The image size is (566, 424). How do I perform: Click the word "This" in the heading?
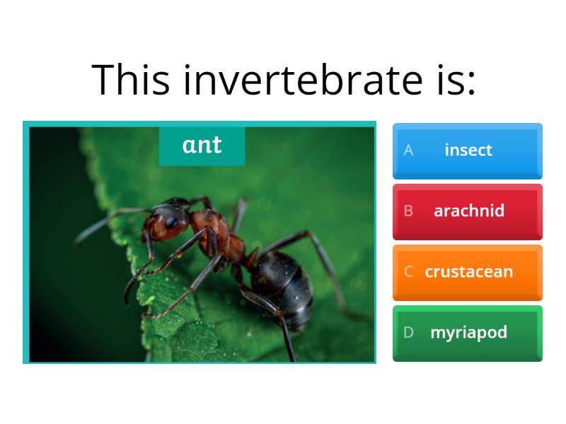click(131, 79)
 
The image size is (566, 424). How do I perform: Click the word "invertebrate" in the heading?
click(294, 79)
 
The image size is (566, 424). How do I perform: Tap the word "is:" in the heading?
click(450, 79)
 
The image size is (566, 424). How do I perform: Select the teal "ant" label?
click(202, 146)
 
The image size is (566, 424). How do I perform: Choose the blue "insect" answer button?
click(467, 151)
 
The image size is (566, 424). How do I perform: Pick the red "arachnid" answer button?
click(467, 211)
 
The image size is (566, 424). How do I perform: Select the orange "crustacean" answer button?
click(467, 272)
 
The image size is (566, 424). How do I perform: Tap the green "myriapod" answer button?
click(467, 333)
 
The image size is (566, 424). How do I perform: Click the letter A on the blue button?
click(408, 151)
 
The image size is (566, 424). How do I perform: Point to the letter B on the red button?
click(408, 211)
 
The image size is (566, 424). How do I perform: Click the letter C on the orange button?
click(408, 272)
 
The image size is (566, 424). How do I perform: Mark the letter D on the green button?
click(408, 333)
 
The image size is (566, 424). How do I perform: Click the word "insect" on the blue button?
click(468, 151)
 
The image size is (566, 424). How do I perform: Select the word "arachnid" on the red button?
click(469, 211)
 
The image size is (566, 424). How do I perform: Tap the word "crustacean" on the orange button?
click(469, 272)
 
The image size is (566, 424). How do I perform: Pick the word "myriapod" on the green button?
click(469, 333)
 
